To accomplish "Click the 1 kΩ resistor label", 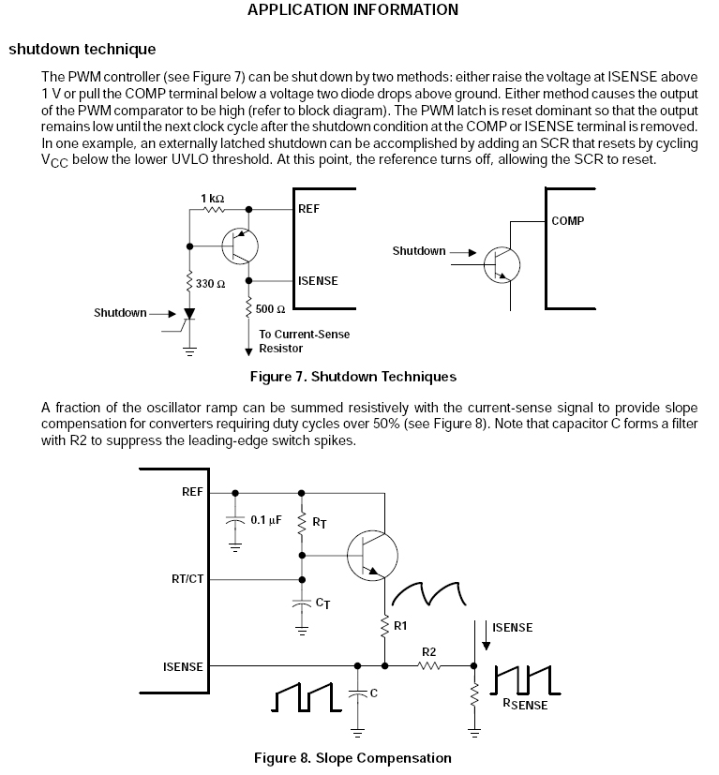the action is point(212,198).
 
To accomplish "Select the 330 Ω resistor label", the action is point(210,284).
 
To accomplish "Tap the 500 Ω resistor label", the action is point(270,309).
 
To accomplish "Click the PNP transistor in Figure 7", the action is point(240,246).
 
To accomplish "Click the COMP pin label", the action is point(568,221).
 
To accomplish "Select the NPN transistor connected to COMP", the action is point(502,265).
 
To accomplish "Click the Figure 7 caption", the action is point(353,377).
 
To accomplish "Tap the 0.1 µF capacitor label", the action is point(266,520).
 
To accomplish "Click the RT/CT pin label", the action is point(187,579).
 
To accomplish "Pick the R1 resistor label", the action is point(400,626).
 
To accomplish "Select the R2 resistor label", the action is point(428,652).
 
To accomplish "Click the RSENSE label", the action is point(525,705).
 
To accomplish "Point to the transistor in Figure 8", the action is point(372,556).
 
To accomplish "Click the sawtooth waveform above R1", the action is point(428,593).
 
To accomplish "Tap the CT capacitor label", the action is point(322,603).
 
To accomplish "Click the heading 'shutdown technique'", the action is point(82,49).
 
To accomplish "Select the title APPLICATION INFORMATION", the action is point(353,9).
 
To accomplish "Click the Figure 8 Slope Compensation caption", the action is point(352,758).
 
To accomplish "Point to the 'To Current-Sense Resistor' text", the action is point(304,341).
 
